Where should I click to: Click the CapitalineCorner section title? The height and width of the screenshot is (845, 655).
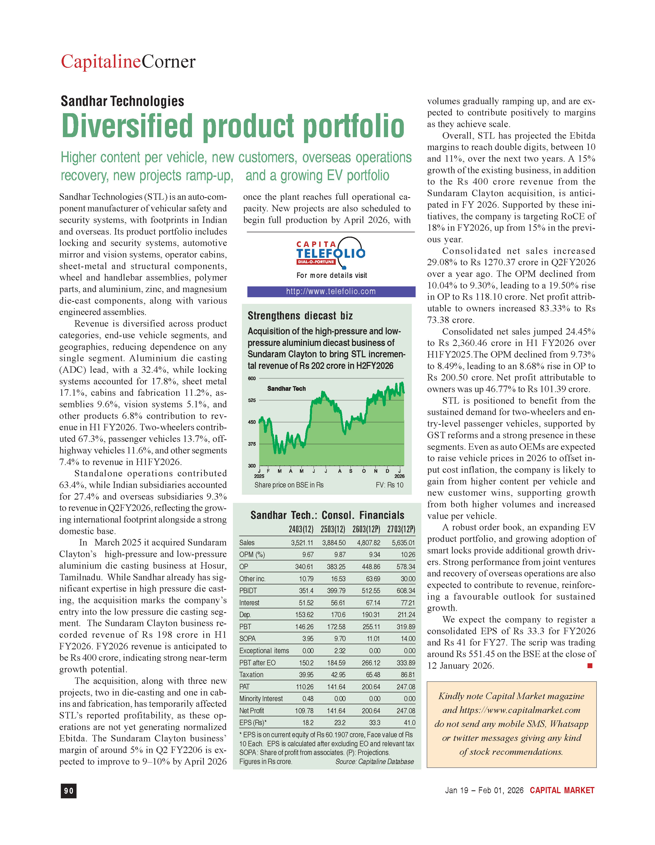[128, 62]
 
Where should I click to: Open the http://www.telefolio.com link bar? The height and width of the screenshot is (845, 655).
[331, 291]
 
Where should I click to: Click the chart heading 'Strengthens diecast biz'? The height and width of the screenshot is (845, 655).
[300, 316]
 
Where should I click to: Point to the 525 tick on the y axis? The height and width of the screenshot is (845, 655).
[252, 400]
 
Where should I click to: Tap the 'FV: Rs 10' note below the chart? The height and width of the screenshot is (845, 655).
[389, 485]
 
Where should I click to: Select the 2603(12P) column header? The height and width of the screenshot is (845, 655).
[366, 529]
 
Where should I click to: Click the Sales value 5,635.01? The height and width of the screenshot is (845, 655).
[403, 543]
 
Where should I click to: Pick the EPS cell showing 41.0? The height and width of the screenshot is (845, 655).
[409, 722]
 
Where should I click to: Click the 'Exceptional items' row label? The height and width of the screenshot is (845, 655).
[264, 650]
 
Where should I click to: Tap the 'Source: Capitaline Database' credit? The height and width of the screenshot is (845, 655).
[374, 761]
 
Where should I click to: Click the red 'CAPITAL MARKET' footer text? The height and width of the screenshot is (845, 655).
[562, 790]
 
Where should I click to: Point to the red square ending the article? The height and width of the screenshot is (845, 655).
[590, 666]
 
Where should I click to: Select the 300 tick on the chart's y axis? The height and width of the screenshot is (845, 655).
[252, 466]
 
